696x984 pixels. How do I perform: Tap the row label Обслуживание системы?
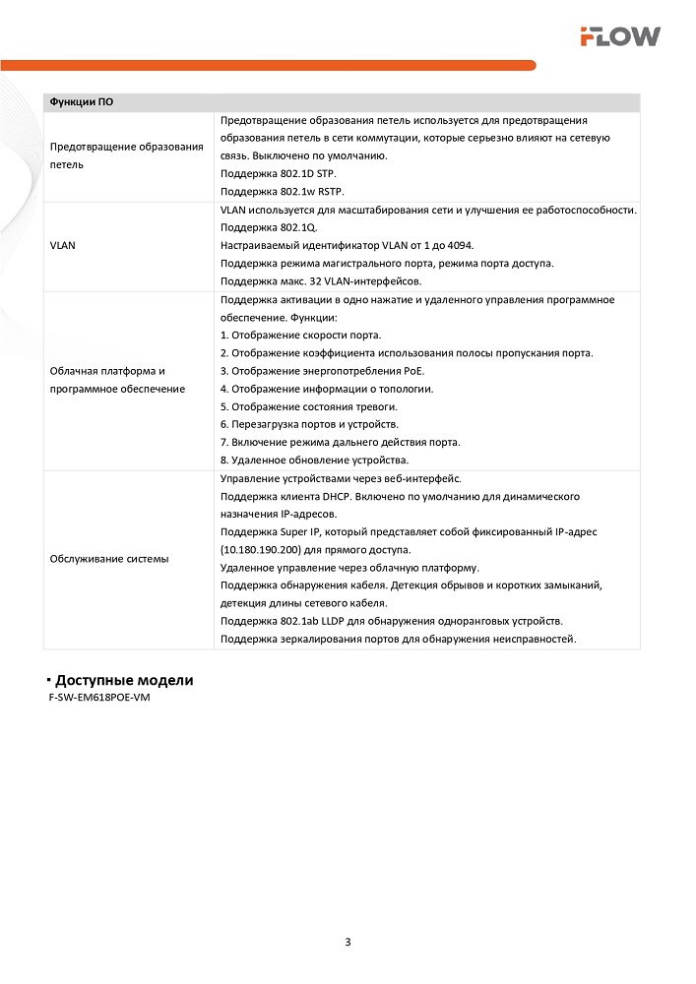(x=108, y=559)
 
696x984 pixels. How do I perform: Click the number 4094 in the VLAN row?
(x=473, y=245)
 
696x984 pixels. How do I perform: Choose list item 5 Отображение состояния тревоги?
(x=309, y=406)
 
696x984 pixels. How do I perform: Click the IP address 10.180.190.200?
(x=268, y=549)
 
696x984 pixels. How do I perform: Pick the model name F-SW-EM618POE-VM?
(x=98, y=698)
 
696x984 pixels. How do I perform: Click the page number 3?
(x=348, y=942)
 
